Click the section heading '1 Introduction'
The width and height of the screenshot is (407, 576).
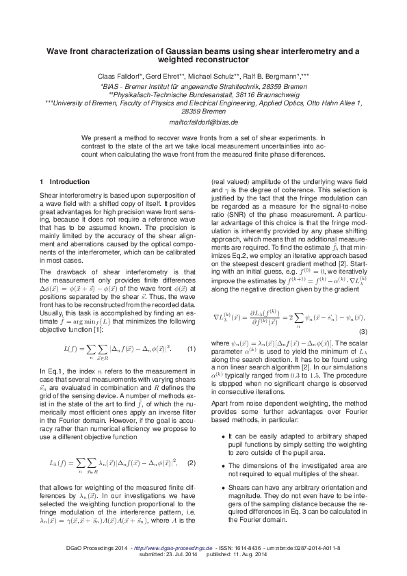(64, 182)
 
